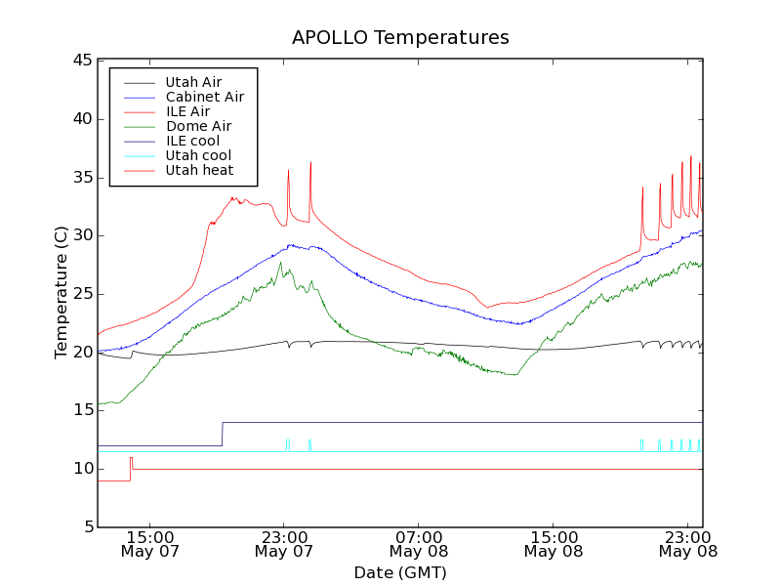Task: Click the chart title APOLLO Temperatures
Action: click(x=400, y=38)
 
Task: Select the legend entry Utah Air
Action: click(x=193, y=82)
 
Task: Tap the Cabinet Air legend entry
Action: click(x=204, y=97)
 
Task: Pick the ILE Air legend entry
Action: click(x=187, y=111)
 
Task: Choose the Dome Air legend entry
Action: click(x=198, y=126)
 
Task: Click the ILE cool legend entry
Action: click(x=192, y=141)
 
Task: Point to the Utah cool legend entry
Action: click(x=198, y=155)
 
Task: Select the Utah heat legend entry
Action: click(x=198, y=170)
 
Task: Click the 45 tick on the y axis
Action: click(x=82, y=61)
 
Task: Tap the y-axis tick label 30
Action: click(x=82, y=235)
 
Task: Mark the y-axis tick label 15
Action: click(x=82, y=410)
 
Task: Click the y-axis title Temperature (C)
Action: click(x=61, y=293)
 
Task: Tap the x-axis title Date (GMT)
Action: click(x=400, y=572)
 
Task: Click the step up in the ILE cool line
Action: click(x=223, y=434)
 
